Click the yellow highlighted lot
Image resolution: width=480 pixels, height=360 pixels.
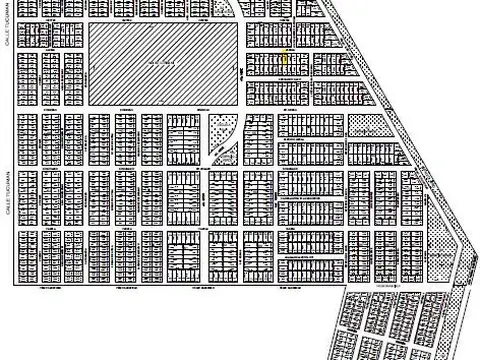[283, 60]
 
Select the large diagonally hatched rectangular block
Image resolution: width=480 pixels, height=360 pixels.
[166, 62]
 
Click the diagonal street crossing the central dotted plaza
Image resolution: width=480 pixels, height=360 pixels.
[223, 144]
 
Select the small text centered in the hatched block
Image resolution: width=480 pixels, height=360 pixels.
[166, 62]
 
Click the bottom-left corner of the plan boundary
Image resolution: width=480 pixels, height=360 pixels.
[15, 286]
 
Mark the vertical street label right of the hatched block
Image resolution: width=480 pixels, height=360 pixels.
[243, 74]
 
